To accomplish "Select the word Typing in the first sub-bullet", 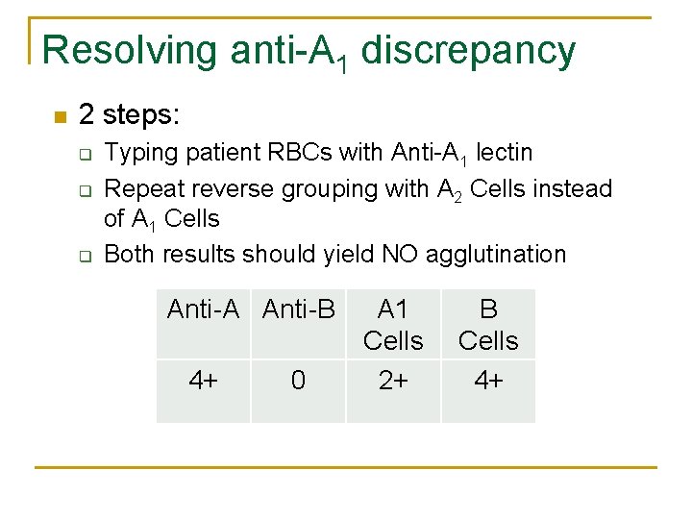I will pyautogui.click(x=136, y=153).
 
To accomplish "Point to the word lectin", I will pyautogui.click(x=505, y=153).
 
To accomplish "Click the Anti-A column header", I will pyautogui.click(x=203, y=309).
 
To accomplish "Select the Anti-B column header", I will pyautogui.click(x=298, y=309).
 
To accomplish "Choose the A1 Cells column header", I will pyautogui.click(x=393, y=325).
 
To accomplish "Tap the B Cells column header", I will pyautogui.click(x=488, y=325).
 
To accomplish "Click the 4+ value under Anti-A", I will pyautogui.click(x=203, y=381).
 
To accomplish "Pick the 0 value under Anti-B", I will pyautogui.click(x=298, y=381).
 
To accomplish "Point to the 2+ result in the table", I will pyautogui.click(x=393, y=381).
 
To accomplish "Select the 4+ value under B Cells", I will pyautogui.click(x=488, y=381).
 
